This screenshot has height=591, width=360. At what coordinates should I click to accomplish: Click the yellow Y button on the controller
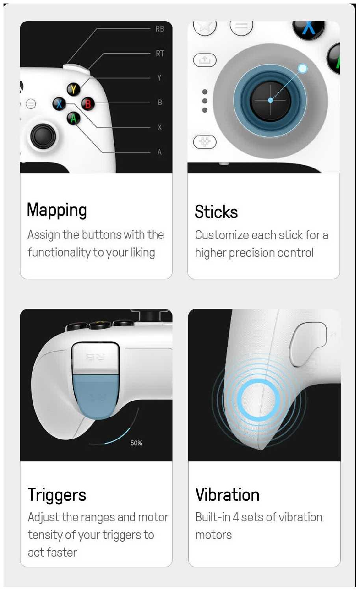point(73,89)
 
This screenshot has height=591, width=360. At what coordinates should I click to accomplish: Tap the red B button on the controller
point(88,104)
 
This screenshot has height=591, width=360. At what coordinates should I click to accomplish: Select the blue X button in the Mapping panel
point(59,104)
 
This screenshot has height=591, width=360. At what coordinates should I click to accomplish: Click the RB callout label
point(160,29)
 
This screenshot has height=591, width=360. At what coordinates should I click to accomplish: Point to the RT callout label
point(160,54)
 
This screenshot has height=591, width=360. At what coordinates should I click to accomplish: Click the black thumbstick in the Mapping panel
point(43,136)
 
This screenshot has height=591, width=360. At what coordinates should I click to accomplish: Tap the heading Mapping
point(57,210)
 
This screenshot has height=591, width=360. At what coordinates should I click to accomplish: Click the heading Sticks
point(216,212)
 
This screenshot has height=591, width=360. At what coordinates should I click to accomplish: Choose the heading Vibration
point(227,494)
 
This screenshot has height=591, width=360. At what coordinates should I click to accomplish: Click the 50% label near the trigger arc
point(136,443)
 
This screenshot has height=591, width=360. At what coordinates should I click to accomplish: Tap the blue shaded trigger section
point(95,396)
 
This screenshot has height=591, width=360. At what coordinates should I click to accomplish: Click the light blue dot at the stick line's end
point(302,69)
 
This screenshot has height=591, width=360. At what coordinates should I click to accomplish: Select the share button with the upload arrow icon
point(205,60)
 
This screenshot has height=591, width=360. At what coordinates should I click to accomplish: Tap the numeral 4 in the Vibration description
point(236,517)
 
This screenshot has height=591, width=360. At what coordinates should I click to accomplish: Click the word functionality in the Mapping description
point(59,253)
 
